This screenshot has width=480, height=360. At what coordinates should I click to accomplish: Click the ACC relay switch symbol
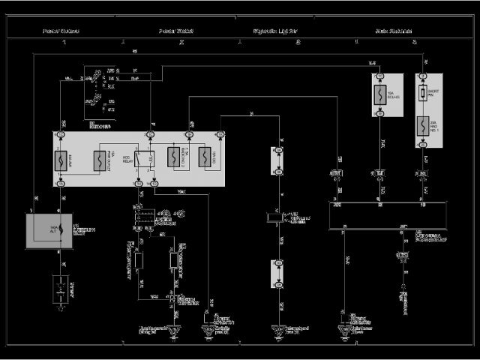tap(149, 158)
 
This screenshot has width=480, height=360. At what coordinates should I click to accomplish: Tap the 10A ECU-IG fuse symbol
tap(379, 95)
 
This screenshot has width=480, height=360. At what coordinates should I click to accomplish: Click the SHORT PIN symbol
tap(423, 93)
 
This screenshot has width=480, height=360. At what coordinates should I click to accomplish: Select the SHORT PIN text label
tap(433, 93)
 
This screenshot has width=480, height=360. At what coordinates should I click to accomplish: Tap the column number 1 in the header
tap(64, 42)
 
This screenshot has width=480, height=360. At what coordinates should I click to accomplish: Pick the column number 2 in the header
tap(181, 42)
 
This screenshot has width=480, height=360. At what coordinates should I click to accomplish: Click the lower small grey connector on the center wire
tap(278, 274)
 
